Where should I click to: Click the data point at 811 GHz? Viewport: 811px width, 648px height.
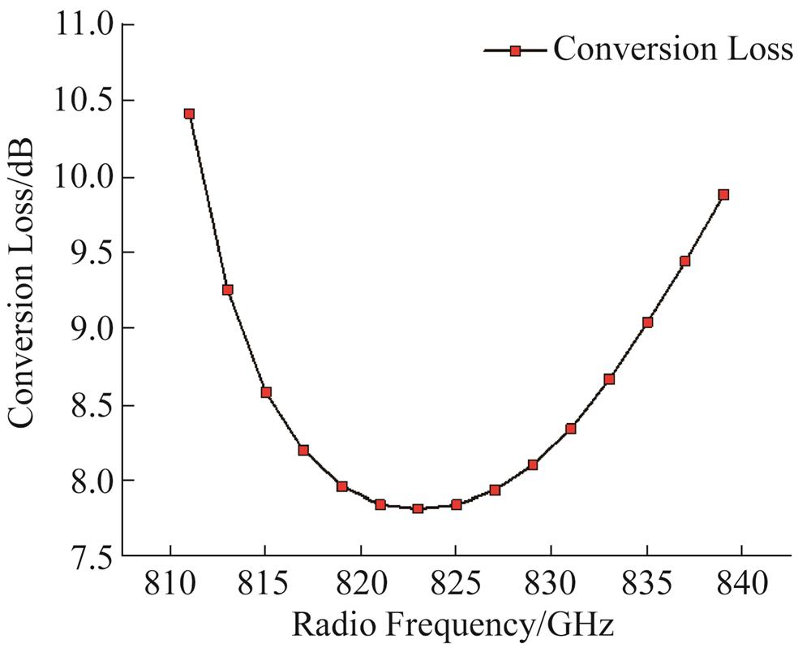(189, 114)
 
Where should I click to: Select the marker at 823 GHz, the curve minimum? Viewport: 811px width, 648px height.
(418, 508)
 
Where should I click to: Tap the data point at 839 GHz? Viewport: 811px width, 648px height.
(723, 195)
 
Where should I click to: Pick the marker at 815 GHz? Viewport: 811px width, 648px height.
(265, 392)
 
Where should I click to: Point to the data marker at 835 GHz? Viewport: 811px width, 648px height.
(647, 322)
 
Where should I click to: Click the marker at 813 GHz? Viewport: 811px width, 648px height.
(228, 290)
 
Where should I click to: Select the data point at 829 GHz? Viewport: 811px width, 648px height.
(533, 465)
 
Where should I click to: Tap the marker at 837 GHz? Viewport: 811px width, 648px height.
(685, 261)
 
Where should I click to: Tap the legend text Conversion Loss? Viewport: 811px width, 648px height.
(672, 50)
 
